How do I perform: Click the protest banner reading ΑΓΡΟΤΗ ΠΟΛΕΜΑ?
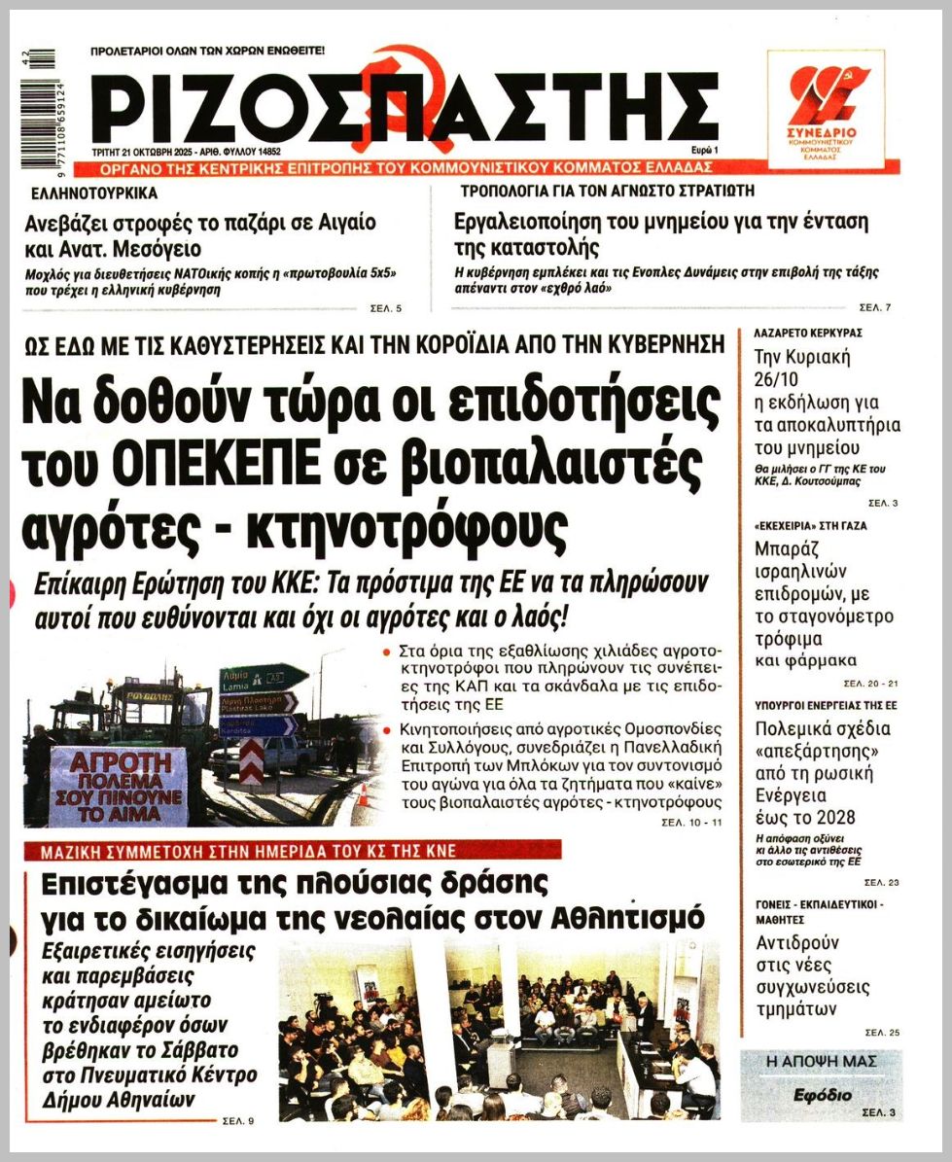click(118, 772)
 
